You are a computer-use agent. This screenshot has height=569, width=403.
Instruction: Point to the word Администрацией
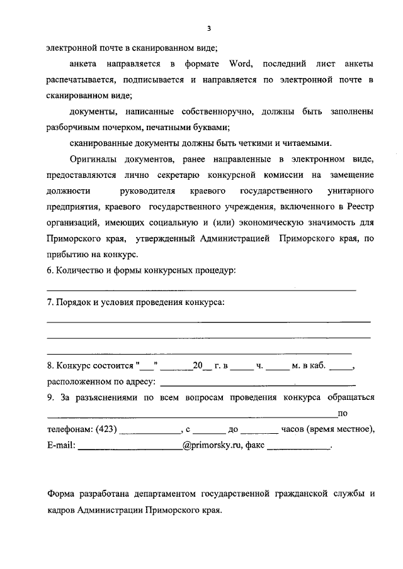[234, 238]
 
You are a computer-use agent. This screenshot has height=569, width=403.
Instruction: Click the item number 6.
[50, 270]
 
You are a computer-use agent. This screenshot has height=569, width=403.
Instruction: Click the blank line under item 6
[201, 289]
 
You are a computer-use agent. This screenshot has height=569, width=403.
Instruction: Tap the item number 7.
[50, 303]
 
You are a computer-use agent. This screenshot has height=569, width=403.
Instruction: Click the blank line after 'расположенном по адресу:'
[258, 384]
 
